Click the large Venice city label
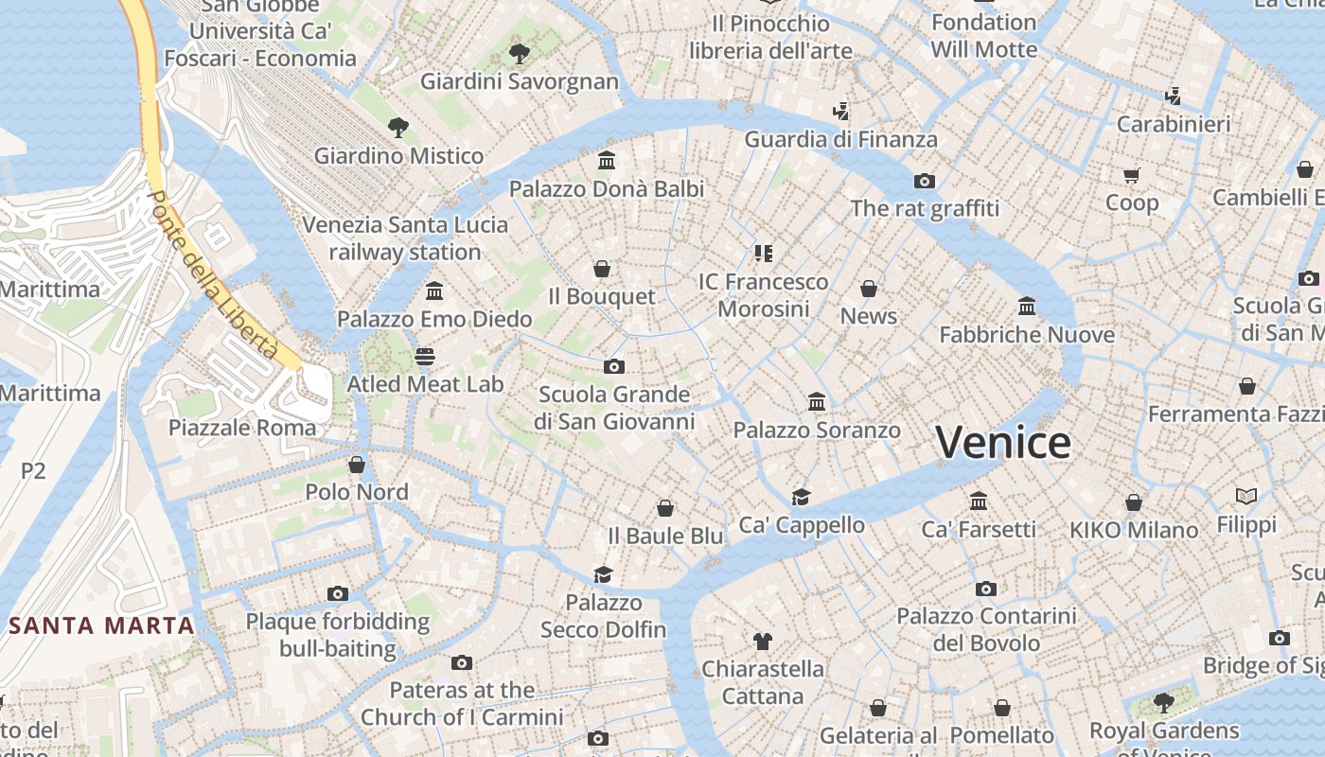(1003, 442)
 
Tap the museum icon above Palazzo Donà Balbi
(607, 160)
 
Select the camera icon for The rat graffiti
(925, 181)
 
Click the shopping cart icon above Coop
(1132, 175)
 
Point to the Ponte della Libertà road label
(212, 275)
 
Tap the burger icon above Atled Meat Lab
(425, 356)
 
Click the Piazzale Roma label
(242, 427)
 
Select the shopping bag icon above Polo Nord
(357, 464)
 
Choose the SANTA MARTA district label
(102, 625)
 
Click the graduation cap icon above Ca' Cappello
(802, 497)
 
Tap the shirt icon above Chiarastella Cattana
(763, 641)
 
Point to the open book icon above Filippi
(1246, 496)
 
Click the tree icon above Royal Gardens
(1163, 702)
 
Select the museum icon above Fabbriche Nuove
(1027, 307)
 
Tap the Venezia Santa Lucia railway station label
(405, 238)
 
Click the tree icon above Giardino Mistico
(398, 127)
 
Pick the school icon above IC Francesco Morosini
(763, 253)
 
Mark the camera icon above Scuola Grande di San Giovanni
(614, 366)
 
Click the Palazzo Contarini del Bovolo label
(986, 629)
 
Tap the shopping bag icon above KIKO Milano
(1134, 502)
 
